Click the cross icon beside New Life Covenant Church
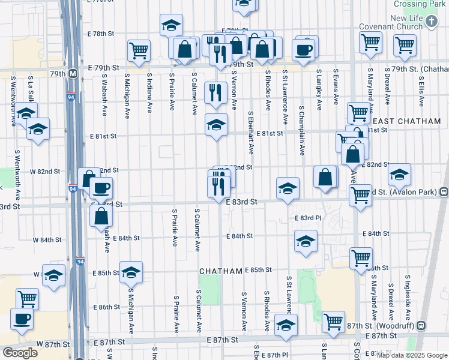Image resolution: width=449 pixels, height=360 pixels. click(432, 23)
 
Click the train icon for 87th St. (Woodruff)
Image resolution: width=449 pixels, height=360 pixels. click(421, 325)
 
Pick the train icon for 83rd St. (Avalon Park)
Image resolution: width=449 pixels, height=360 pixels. click(444, 192)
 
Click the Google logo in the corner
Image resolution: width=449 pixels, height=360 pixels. click(20, 353)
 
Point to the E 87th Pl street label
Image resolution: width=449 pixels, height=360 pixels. click(275, 355)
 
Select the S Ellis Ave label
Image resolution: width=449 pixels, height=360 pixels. click(422, 91)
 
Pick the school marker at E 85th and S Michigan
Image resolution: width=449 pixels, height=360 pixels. click(130, 273)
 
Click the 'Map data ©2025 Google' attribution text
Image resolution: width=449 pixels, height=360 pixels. click(411, 355)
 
